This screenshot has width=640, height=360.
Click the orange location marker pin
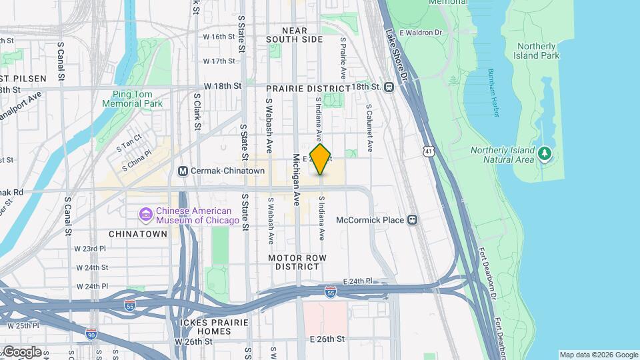point(321,159)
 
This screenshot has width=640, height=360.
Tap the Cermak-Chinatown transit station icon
point(183,171)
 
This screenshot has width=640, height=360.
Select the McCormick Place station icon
point(413,219)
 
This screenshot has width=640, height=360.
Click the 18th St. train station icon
point(389,87)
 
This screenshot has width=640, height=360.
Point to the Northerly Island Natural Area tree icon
point(545,155)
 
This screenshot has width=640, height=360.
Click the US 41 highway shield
point(427,152)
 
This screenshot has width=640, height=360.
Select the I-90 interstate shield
point(91,332)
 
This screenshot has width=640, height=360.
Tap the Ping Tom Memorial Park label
point(133,99)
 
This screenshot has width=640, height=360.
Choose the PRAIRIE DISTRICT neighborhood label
point(307,88)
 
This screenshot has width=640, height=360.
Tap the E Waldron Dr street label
point(421,32)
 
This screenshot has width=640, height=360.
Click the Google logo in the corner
point(22,351)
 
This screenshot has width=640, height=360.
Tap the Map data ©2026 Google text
point(597,355)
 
